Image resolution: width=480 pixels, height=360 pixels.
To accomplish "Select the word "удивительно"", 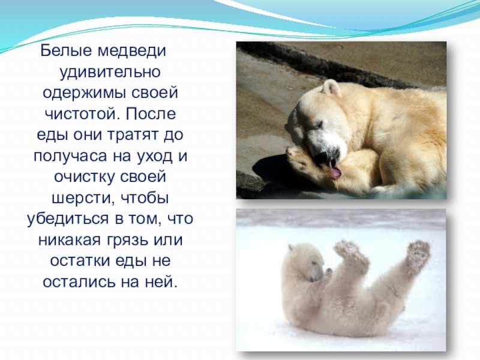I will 108,74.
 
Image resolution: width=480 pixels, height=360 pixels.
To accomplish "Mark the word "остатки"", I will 71,260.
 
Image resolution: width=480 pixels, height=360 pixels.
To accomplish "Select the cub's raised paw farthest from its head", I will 418,252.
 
